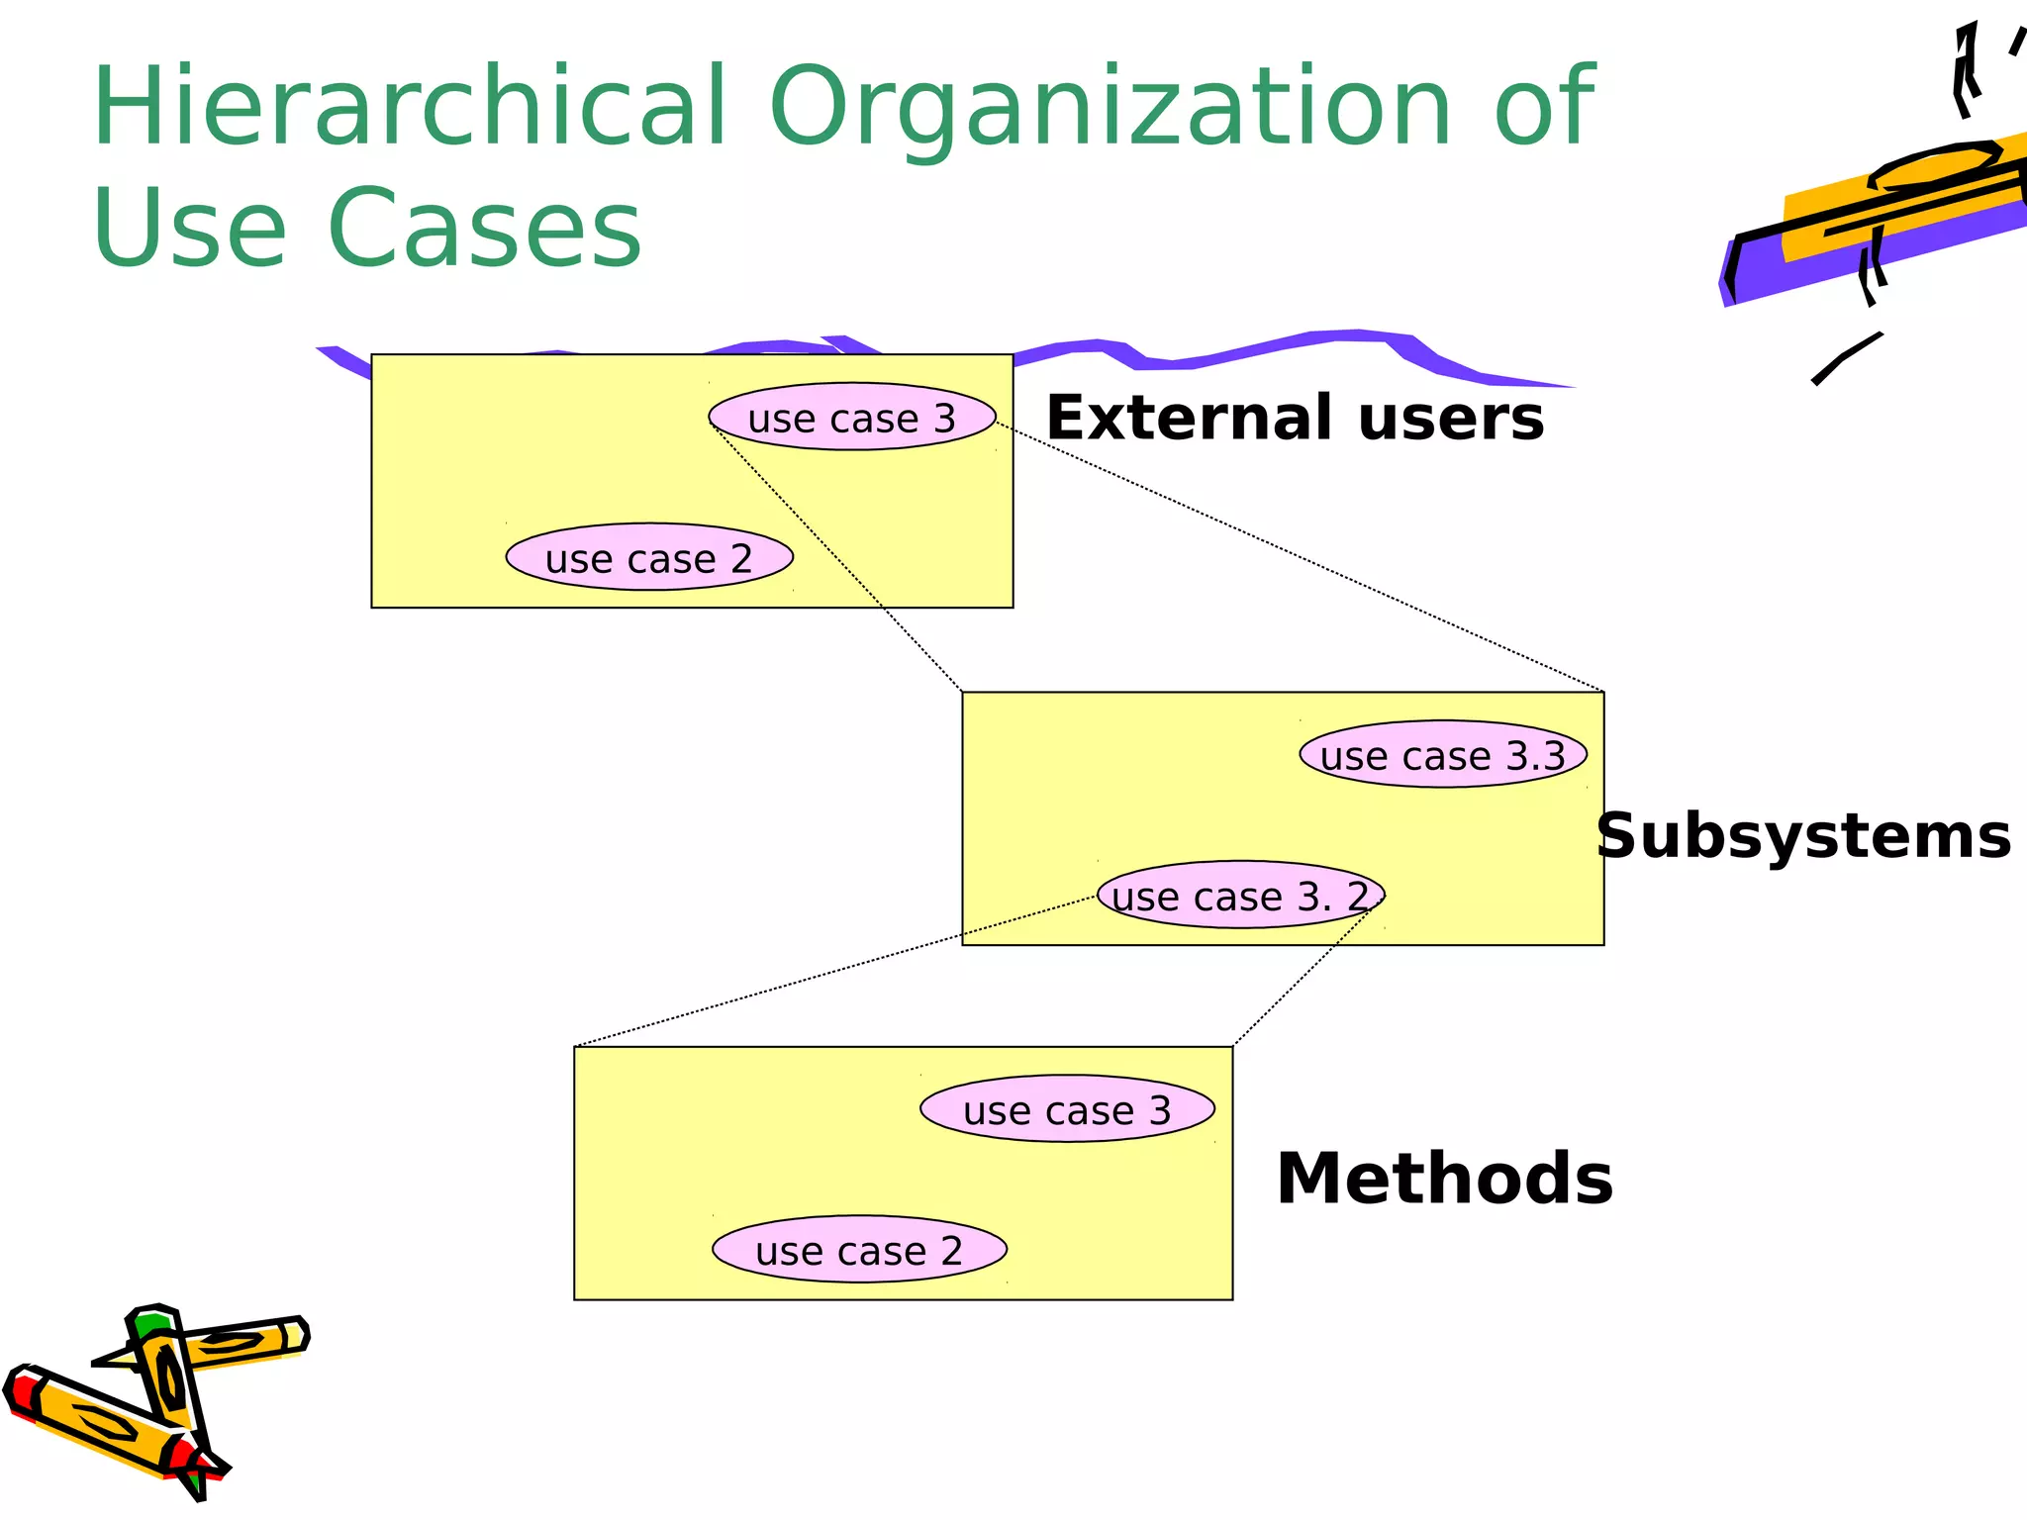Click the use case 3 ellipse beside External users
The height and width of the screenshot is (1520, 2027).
[852, 417]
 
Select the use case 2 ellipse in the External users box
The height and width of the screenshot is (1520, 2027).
[649, 557]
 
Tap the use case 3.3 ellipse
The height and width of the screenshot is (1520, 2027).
[1443, 754]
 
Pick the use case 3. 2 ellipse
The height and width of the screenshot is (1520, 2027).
[1241, 895]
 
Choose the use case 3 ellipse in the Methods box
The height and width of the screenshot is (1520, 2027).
[1067, 1108]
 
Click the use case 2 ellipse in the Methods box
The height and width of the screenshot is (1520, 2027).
[859, 1249]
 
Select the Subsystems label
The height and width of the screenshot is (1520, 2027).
[1803, 836]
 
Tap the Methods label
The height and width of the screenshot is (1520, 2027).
[1444, 1179]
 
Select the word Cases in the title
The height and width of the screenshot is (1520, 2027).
[485, 230]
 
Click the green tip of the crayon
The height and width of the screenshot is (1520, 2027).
[154, 1324]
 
